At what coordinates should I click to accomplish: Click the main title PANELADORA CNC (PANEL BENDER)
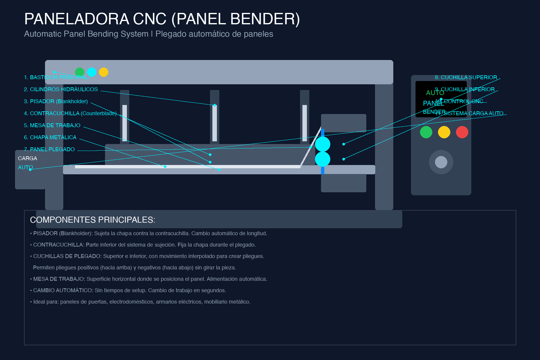(x=162, y=19)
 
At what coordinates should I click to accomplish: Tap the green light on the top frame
(x=79, y=72)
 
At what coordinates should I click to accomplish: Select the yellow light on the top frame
(x=103, y=72)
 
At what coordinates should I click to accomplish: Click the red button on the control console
(x=462, y=132)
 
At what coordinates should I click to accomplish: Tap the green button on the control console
(x=426, y=132)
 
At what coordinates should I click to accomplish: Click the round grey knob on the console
(x=441, y=162)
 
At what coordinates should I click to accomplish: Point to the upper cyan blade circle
(x=322, y=144)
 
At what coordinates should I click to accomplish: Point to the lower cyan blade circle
(x=322, y=159)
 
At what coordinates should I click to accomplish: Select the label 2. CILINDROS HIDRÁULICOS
(x=61, y=89)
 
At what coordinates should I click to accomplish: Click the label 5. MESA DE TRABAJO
(x=52, y=125)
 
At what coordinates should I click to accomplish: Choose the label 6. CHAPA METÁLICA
(x=50, y=137)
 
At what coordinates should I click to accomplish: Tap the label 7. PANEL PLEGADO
(x=49, y=149)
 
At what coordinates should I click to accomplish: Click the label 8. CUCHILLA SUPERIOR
(x=466, y=77)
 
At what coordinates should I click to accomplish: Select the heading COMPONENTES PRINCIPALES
(x=92, y=220)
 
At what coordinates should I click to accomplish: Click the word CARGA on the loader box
(x=28, y=158)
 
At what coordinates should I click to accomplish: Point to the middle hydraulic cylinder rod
(x=214, y=123)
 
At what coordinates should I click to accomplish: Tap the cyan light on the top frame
(x=91, y=72)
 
